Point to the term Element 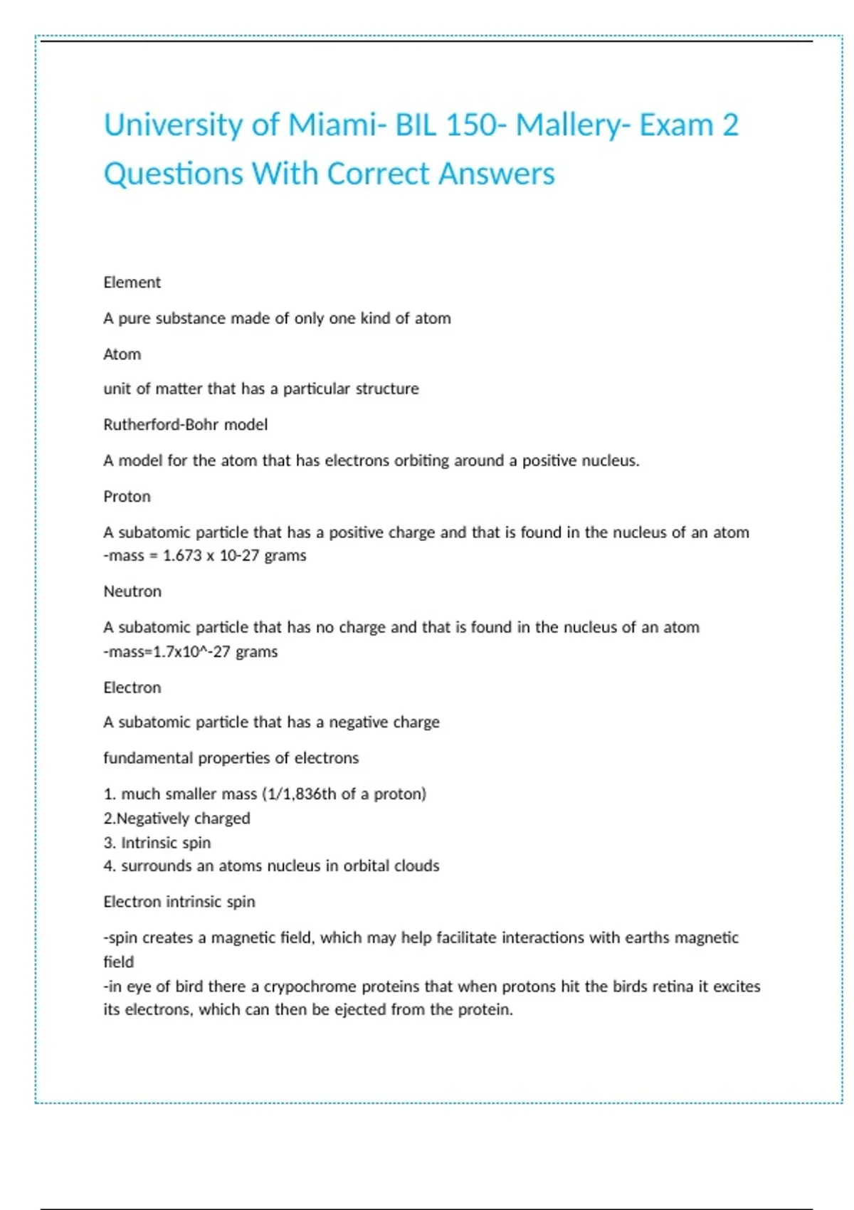132,283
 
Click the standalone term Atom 122,354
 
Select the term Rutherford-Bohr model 186,425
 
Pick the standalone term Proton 127,496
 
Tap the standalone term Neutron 132,591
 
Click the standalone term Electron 132,688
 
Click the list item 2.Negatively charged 176,819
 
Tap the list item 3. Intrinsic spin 157,843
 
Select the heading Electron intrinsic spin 179,902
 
